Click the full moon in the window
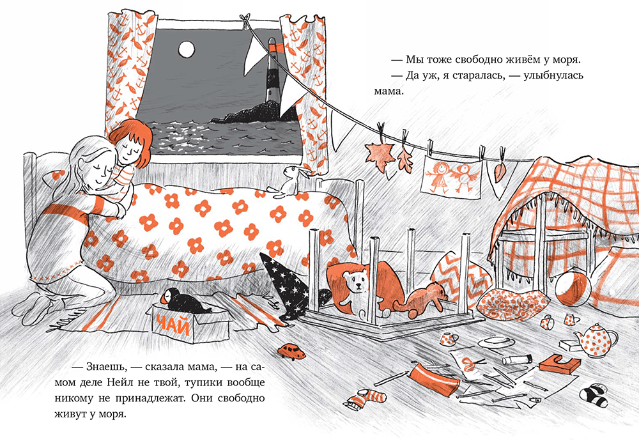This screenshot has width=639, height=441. coord(186,49)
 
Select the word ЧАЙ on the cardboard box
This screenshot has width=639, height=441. coord(173,325)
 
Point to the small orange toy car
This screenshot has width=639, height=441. coord(292,352)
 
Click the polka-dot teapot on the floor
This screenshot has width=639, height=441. coord(596,340)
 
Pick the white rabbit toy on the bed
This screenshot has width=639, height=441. coord(289,182)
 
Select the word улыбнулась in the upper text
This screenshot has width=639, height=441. coord(553,75)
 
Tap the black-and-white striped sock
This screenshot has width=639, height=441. coord(594,394)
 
